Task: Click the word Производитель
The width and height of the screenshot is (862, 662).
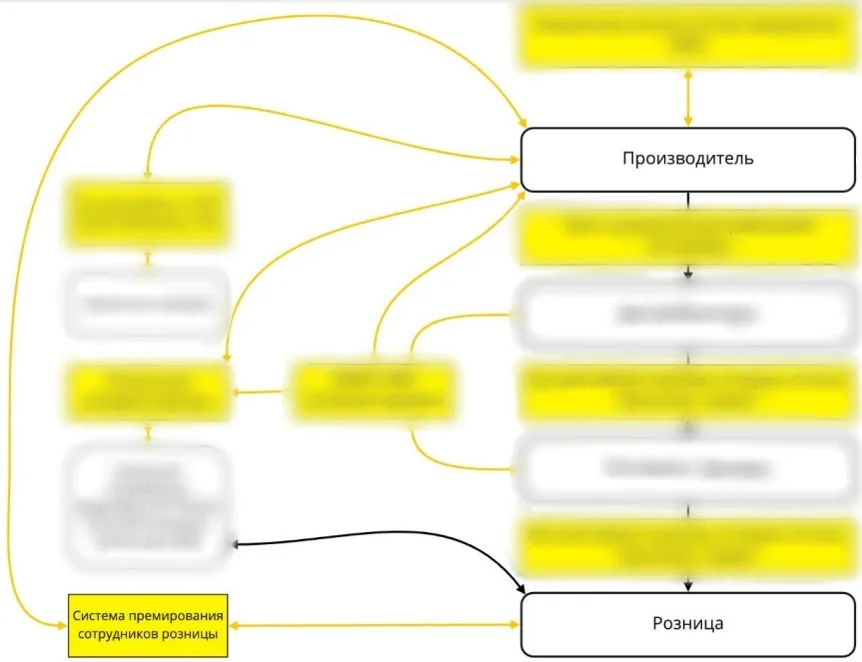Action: click(687, 159)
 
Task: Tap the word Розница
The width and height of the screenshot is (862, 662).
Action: click(687, 623)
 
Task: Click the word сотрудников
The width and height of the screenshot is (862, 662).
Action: click(125, 633)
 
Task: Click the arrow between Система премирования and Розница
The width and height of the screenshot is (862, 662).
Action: click(377, 625)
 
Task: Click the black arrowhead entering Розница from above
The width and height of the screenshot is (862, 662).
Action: click(687, 586)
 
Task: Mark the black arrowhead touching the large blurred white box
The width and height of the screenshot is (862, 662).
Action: click(236, 544)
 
